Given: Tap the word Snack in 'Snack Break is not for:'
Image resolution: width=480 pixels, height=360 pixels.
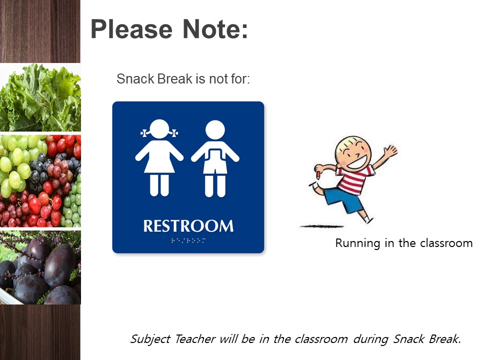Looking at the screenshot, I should click(132, 79).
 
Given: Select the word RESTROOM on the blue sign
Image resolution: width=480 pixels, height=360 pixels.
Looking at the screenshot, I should click(188, 226).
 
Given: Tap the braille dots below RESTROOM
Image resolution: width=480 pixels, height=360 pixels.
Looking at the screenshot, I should click(188, 240).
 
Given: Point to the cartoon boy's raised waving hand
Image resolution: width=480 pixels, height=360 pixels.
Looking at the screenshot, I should click(389, 150).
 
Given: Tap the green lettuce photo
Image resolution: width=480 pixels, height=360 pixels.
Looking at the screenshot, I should click(40, 97).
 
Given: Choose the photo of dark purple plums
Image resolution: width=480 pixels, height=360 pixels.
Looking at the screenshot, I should click(40, 267).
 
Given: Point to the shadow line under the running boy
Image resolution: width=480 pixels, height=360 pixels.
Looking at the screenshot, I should click(325, 226).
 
